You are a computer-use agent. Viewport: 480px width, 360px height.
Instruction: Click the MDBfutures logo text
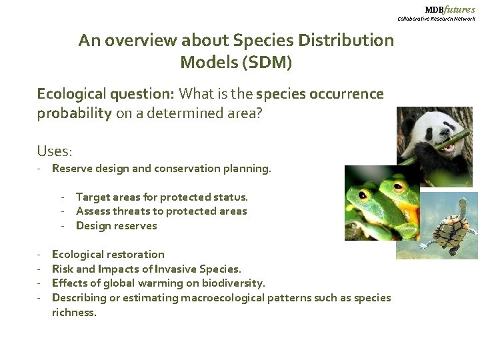point(450,9)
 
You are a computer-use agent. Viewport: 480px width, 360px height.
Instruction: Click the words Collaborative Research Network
point(436,19)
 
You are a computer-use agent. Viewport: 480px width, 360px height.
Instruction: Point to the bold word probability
point(74,113)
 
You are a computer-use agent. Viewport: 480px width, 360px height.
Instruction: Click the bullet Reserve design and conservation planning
point(161,169)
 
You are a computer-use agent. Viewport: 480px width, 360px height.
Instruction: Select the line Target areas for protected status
point(161,197)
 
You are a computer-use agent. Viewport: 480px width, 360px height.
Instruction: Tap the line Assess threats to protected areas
point(161,211)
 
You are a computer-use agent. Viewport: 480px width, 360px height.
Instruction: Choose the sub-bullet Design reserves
point(116,225)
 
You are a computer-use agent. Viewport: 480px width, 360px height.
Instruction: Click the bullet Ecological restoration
point(108,254)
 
